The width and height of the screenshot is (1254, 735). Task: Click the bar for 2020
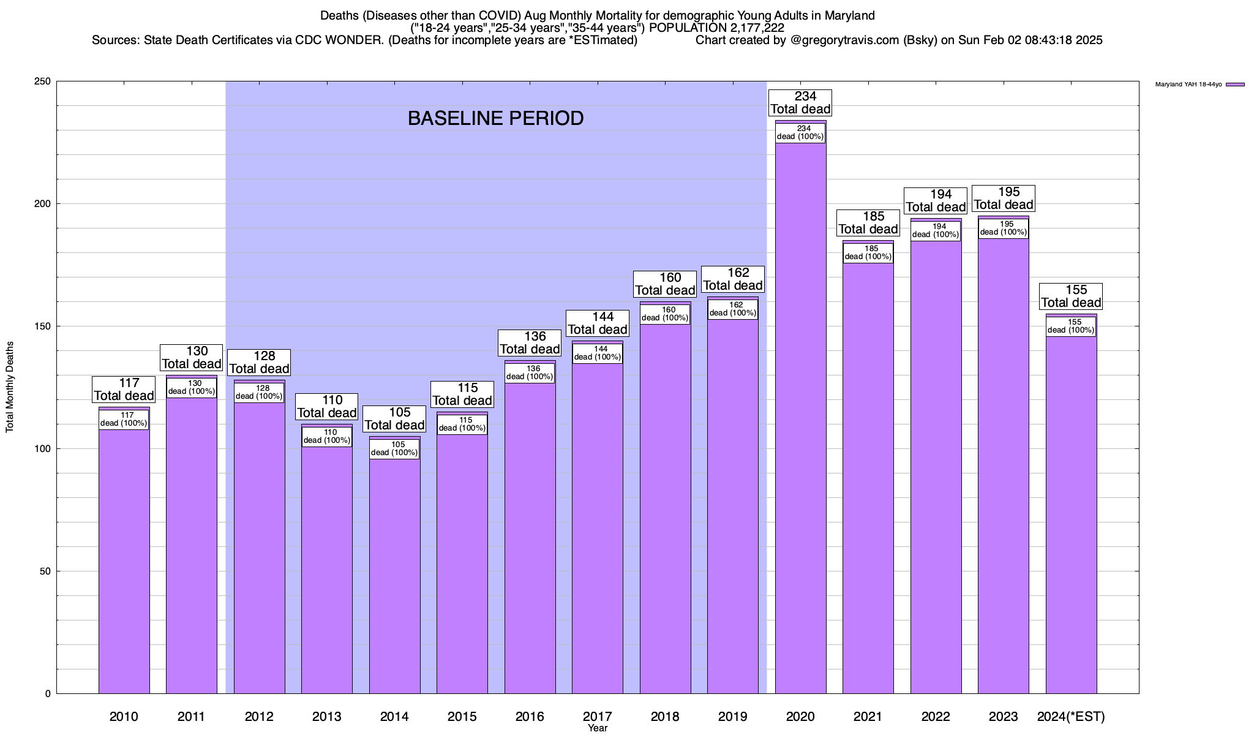coord(800,417)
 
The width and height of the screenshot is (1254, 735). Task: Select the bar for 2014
coord(395,576)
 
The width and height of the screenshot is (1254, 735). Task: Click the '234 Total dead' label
coord(800,103)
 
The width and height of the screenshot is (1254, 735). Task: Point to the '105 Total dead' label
coord(395,419)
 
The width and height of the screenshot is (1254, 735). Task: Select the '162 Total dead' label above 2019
coord(732,279)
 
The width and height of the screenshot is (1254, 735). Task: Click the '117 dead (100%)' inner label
coord(124,420)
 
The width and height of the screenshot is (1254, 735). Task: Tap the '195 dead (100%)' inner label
coord(1003,228)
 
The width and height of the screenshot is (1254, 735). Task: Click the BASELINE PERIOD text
coord(495,118)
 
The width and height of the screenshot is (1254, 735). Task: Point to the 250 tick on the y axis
coord(43,81)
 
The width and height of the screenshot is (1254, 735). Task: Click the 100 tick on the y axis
coord(43,449)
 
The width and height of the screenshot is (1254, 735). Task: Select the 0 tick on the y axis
coord(48,694)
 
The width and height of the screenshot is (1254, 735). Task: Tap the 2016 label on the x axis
coord(530,717)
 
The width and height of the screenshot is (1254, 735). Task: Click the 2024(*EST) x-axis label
coord(1071,717)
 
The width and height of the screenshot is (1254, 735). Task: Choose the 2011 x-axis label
coord(191,717)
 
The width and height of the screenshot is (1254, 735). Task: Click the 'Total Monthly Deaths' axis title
coord(10,387)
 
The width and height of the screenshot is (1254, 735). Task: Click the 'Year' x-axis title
coord(598,728)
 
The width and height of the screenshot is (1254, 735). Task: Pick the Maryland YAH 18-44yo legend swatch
coord(1235,85)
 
